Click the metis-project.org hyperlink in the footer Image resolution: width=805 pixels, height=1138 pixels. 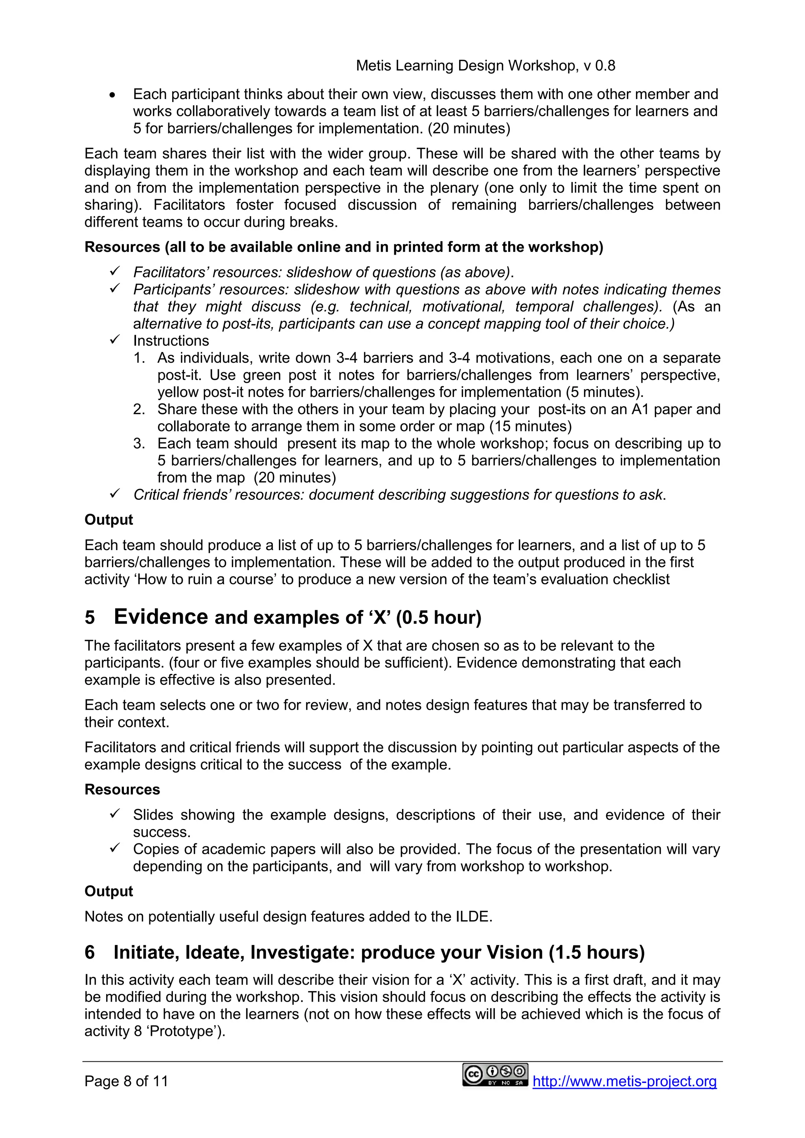(x=625, y=1081)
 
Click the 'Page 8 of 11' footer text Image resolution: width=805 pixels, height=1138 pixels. (x=127, y=1081)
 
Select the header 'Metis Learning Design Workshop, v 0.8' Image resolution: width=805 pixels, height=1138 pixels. (x=485, y=66)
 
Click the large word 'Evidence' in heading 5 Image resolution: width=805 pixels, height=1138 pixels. (x=161, y=617)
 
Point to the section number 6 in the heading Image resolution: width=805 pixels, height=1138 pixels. (x=90, y=953)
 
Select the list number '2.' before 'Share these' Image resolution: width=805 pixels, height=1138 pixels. (x=139, y=409)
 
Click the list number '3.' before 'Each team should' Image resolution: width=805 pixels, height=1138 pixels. (x=139, y=444)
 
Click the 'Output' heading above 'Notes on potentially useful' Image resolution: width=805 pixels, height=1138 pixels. (x=108, y=891)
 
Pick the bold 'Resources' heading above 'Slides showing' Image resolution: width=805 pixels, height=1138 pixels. (x=122, y=789)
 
